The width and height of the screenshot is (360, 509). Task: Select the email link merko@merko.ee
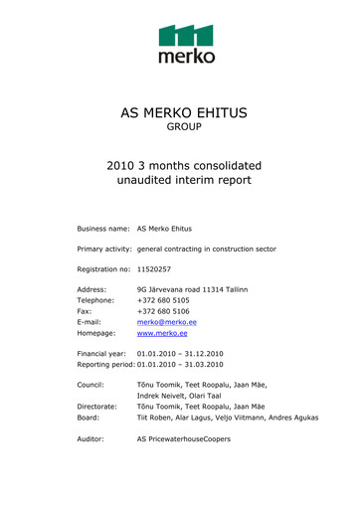click(161, 324)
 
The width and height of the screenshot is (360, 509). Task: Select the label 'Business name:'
click(103, 228)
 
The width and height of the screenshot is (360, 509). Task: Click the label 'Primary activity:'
click(104, 249)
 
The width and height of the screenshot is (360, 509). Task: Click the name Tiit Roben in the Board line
click(155, 417)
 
